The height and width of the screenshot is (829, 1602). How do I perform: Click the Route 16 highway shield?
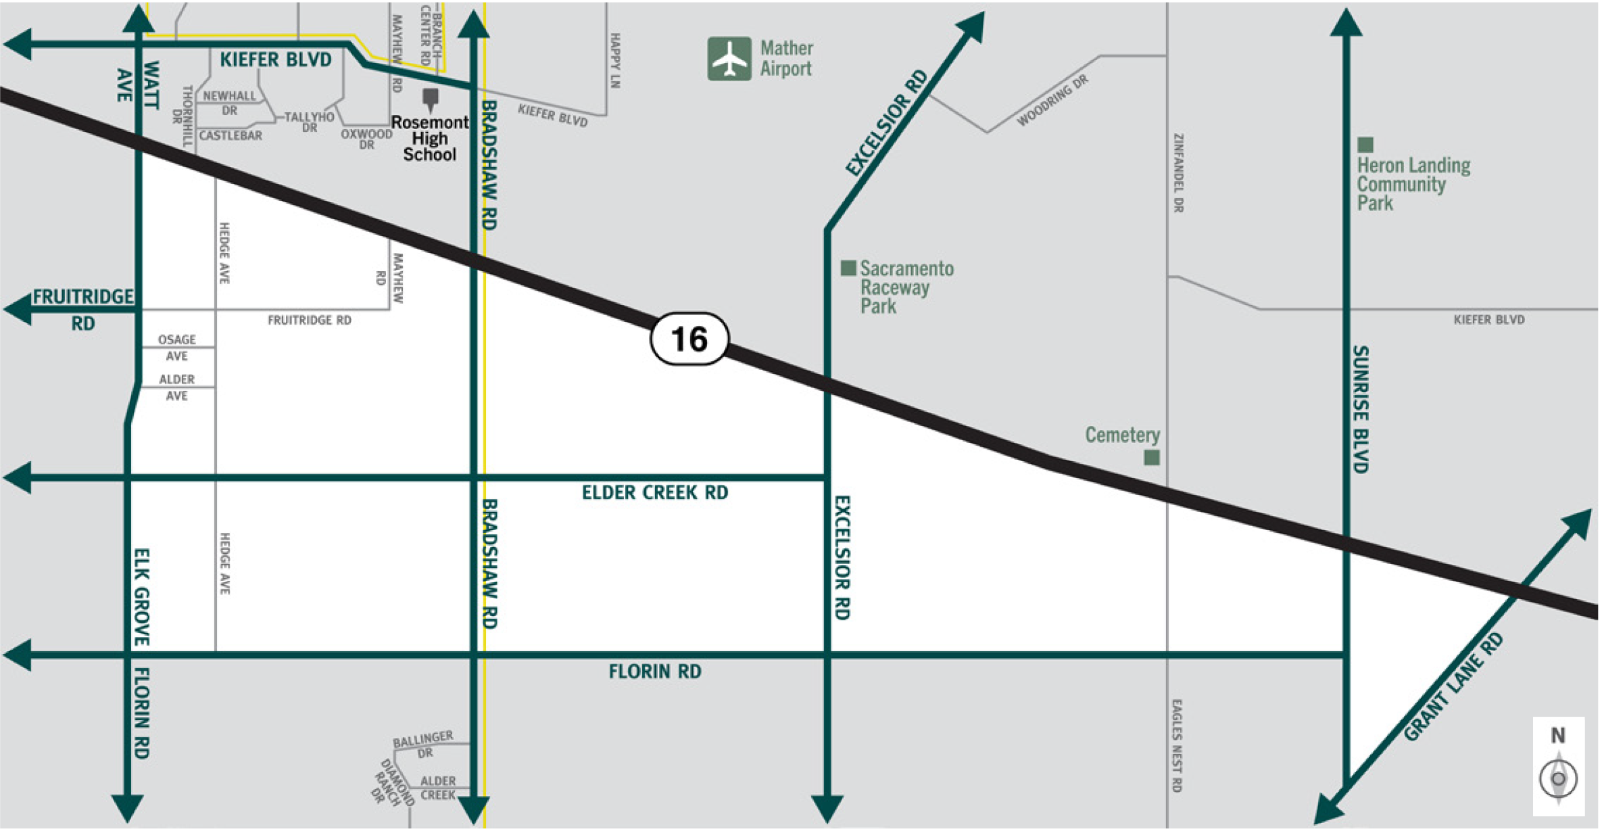pyautogui.click(x=689, y=339)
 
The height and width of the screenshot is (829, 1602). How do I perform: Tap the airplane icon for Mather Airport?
pyautogui.click(x=729, y=59)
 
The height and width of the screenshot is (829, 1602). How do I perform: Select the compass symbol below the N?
pyautogui.click(x=1558, y=778)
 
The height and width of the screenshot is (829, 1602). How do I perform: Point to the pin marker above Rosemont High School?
pyautogui.click(x=430, y=99)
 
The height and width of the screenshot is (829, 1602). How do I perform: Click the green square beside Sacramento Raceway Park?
pyautogui.click(x=848, y=268)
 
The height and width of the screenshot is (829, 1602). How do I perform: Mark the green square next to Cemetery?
pyautogui.click(x=1152, y=458)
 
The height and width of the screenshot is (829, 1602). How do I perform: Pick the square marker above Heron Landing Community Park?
pyautogui.click(x=1365, y=145)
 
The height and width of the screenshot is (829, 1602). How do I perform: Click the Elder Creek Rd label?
pyautogui.click(x=654, y=493)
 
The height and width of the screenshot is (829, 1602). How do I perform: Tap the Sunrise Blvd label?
pyautogui.click(x=1360, y=409)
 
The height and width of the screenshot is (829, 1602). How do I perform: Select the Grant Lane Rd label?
pyautogui.click(x=1453, y=686)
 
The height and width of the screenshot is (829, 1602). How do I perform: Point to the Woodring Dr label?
pyautogui.click(x=1052, y=101)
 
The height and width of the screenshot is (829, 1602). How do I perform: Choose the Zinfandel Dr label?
pyautogui.click(x=1178, y=173)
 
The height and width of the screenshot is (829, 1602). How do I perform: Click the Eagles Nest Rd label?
pyautogui.click(x=1177, y=745)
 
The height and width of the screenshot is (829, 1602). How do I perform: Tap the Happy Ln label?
pyautogui.click(x=615, y=61)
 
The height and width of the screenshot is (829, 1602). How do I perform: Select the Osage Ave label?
pyautogui.click(x=177, y=348)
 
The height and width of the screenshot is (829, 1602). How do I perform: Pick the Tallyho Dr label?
pyautogui.click(x=309, y=122)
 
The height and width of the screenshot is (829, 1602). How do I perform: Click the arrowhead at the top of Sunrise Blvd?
pyautogui.click(x=1346, y=22)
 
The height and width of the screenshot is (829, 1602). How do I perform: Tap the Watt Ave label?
pyautogui.click(x=138, y=85)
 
